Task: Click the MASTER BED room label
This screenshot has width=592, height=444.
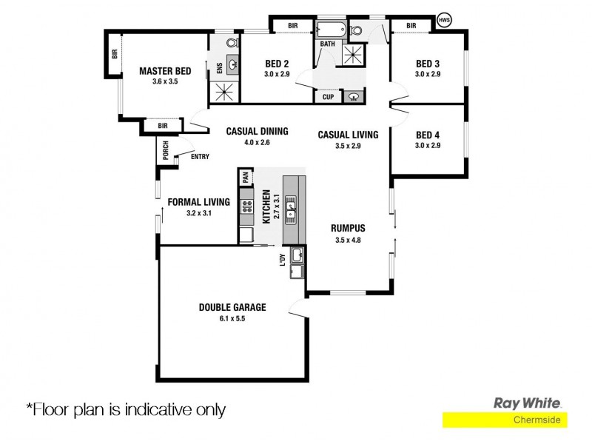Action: coord(165,71)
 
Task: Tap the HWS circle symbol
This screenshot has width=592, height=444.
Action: coord(444,20)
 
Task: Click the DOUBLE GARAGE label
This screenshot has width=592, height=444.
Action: coord(232,307)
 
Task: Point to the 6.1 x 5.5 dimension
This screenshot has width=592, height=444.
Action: coord(232,318)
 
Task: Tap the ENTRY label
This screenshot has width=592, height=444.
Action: coord(200,156)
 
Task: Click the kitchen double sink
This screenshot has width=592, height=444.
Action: coord(292,206)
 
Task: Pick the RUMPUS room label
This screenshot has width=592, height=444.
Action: coord(348,228)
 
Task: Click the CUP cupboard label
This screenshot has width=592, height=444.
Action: coord(328,97)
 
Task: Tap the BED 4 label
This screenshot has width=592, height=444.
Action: coord(428,135)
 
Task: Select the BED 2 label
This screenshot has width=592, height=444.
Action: coord(277,64)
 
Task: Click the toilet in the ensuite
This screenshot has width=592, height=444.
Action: coord(230,42)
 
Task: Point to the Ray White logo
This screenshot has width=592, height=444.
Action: coord(528,403)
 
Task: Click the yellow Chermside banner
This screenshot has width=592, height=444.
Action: coord(505,420)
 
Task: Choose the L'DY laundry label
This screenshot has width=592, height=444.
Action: coord(283,260)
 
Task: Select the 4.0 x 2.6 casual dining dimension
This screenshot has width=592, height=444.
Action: coord(257,142)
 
